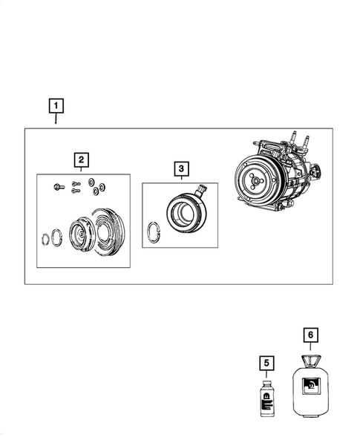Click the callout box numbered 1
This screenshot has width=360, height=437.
click(56, 105)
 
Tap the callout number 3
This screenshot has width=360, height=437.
click(180, 169)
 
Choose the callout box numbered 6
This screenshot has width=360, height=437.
click(310, 335)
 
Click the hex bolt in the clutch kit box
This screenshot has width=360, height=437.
click(58, 186)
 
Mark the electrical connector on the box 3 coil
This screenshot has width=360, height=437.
click(200, 191)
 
